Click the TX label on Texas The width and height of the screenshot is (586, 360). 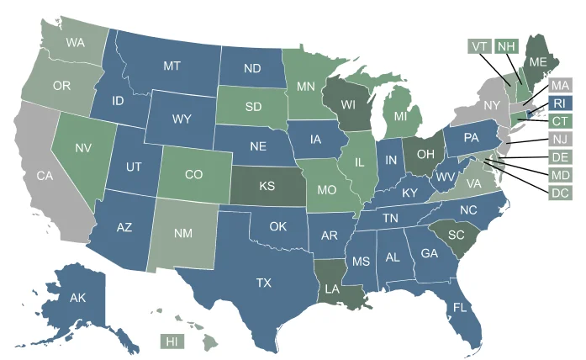pyautogui.click(x=263, y=282)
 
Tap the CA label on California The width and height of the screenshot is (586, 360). pyautogui.click(x=45, y=177)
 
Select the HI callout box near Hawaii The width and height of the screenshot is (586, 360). pyautogui.click(x=172, y=341)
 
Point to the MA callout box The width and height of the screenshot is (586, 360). pyautogui.click(x=561, y=86)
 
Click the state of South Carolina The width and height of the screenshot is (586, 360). pyautogui.click(x=455, y=234)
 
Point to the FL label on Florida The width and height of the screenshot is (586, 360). pyautogui.click(x=460, y=307)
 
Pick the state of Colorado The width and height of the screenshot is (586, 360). pyautogui.click(x=193, y=175)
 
